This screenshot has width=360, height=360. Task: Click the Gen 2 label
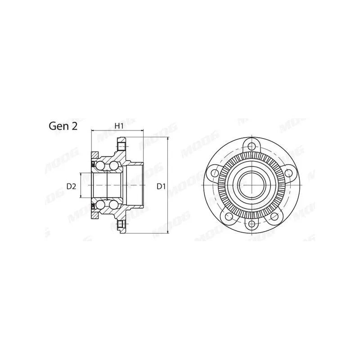coord(63,126)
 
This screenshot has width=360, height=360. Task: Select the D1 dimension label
coord(161,186)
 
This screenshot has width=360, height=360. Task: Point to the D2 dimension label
coord(71,186)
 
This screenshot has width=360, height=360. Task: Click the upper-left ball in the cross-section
coord(100,166)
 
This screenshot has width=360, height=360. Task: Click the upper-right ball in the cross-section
coord(114,166)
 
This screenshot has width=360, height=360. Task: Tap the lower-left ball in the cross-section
coord(100,204)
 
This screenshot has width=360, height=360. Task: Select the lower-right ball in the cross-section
coord(114,204)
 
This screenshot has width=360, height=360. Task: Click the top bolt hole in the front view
coord(252,146)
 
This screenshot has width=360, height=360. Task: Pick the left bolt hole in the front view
coord(215,172)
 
